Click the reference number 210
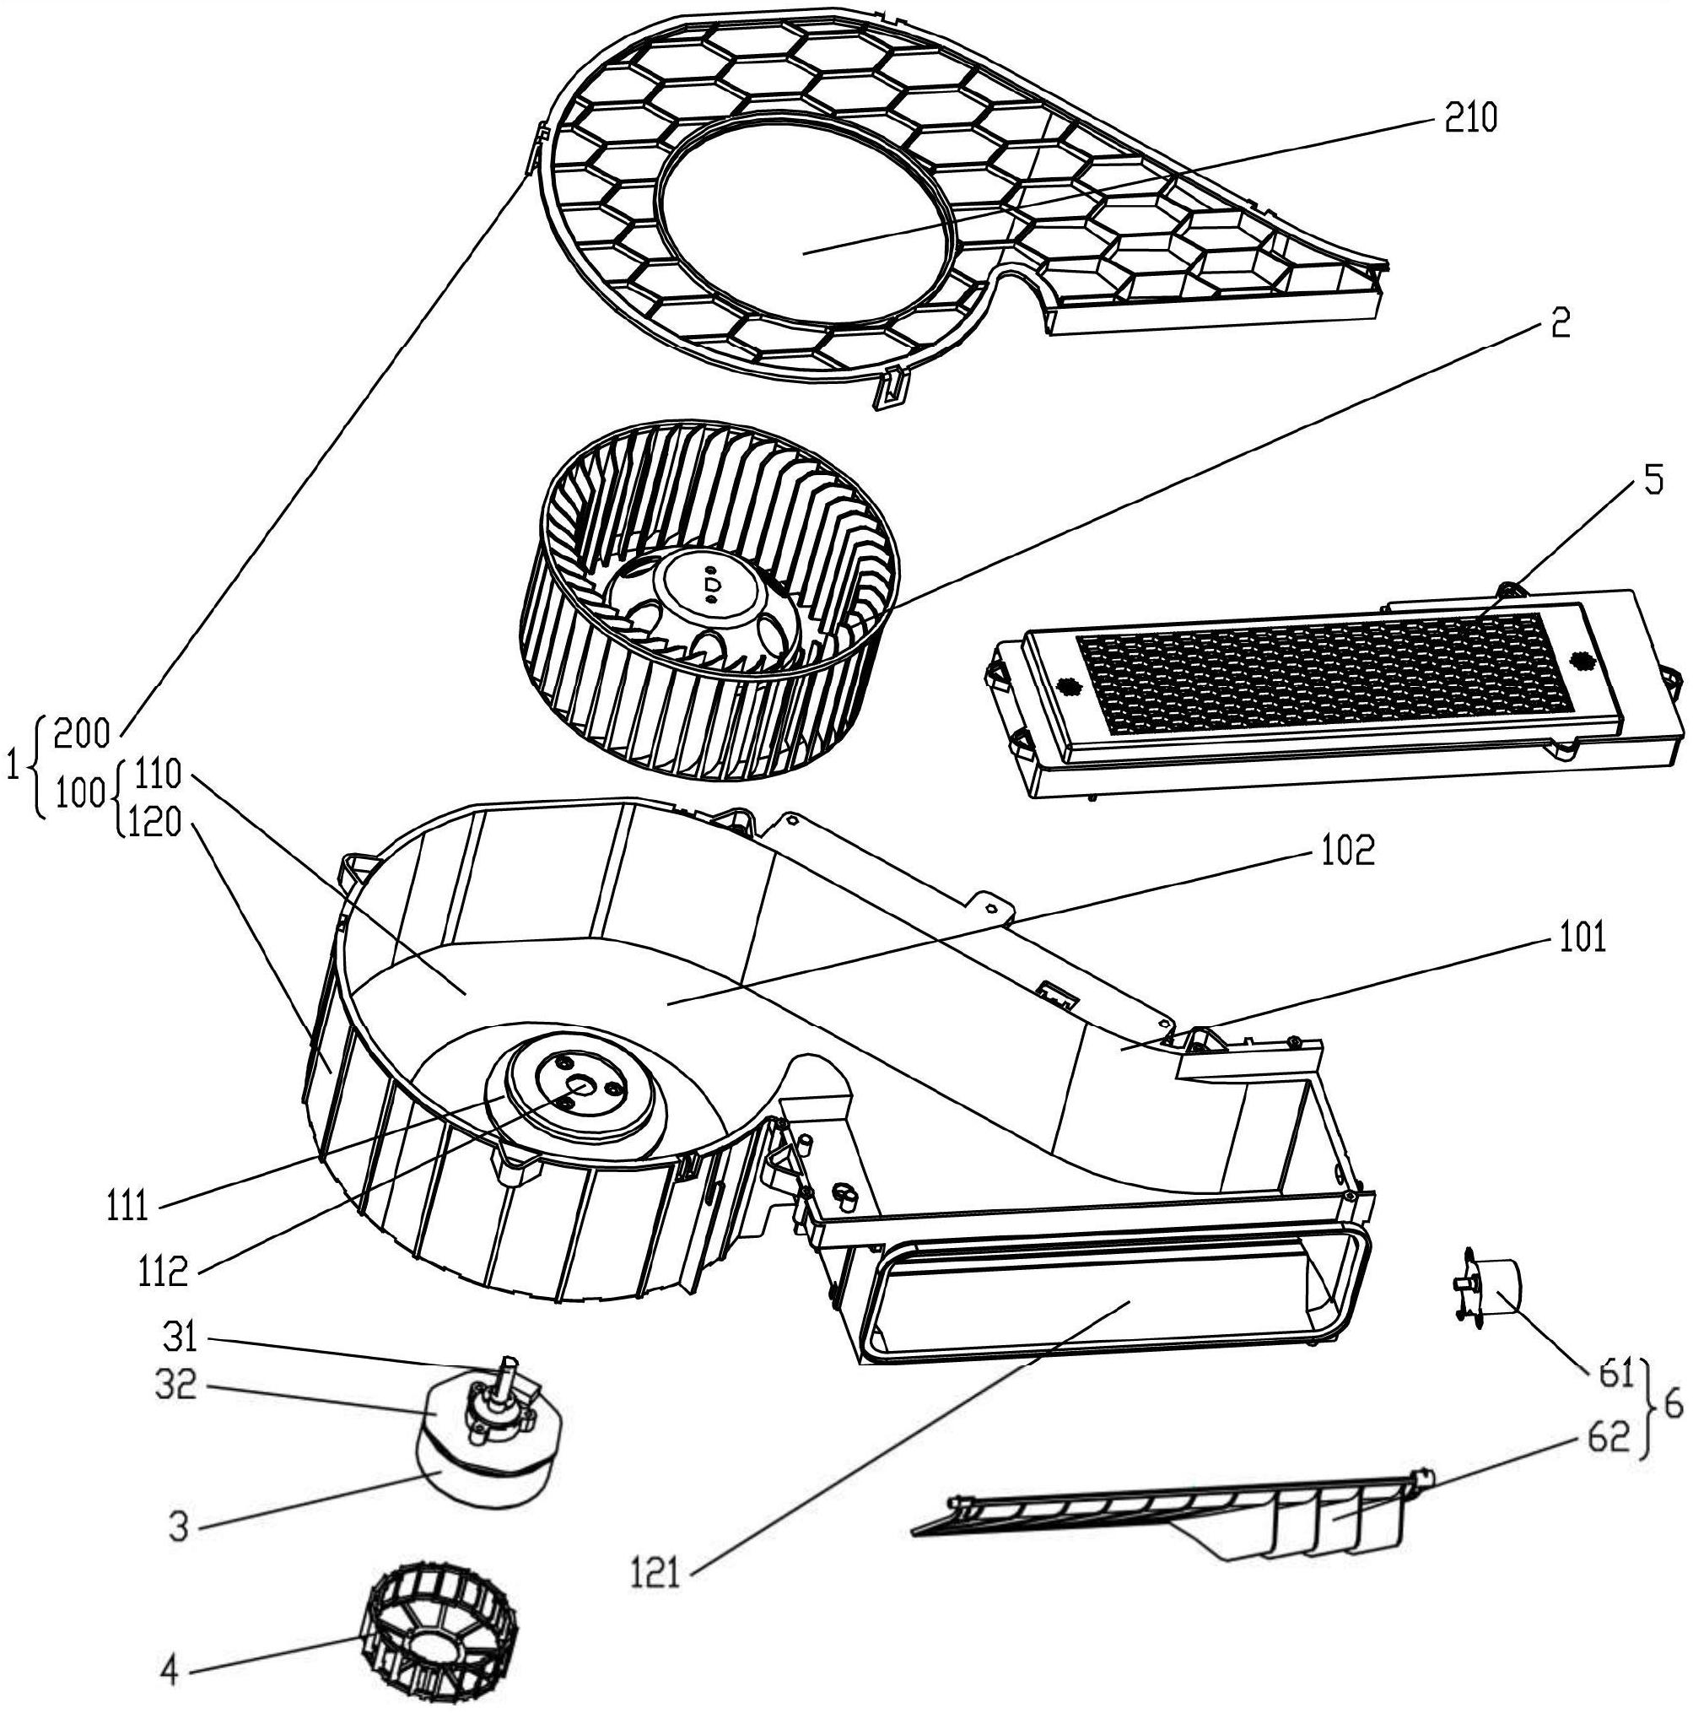[x=1470, y=118]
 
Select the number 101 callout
[x=1577, y=938]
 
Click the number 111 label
[x=126, y=1208]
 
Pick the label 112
[x=164, y=1274]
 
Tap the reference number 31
[x=181, y=1339]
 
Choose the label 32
[x=174, y=1386]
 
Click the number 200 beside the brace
[x=82, y=735]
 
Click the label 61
[x=1614, y=1375]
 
